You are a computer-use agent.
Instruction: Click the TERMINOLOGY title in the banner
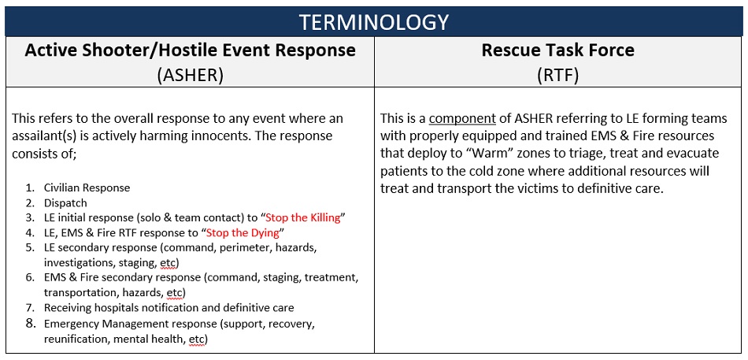(374, 20)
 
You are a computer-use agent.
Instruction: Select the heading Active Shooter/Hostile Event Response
(190, 50)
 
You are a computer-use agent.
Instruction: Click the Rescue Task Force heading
(558, 50)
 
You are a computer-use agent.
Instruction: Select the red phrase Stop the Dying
(244, 232)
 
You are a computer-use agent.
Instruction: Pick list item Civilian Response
(87, 187)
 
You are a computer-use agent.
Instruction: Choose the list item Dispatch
(65, 202)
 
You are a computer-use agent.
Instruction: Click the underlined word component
(462, 119)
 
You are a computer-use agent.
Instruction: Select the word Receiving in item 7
(69, 308)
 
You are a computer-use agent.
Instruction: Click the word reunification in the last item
(76, 339)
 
